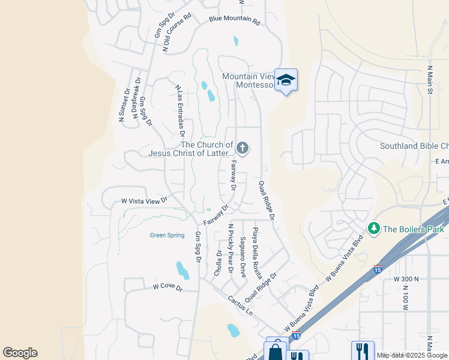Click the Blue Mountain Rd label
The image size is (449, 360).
(x=234, y=20)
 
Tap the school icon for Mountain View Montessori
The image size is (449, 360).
(x=286, y=80)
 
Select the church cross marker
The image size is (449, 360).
(x=243, y=148)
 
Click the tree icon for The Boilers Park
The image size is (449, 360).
(x=373, y=229)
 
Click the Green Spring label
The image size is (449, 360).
(x=167, y=235)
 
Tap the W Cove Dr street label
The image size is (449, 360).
(x=166, y=287)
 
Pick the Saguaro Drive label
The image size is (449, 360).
(x=243, y=257)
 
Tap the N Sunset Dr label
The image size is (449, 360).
(x=124, y=106)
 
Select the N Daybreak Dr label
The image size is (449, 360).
(x=137, y=99)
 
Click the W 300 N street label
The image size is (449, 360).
(x=406, y=279)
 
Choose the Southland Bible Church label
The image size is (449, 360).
(x=414, y=146)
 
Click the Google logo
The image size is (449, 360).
(x=20, y=353)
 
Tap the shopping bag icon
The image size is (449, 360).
(x=276, y=352)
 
